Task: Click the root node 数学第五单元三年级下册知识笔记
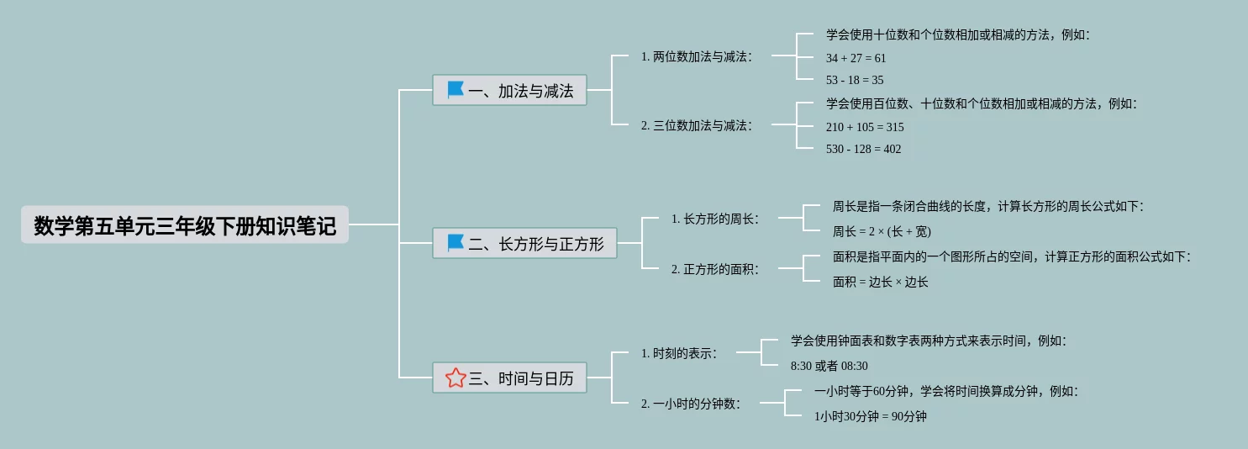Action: [x=185, y=225]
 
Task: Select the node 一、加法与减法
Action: [x=509, y=91]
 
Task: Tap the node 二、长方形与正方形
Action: [x=524, y=244]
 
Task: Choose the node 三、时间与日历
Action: [x=509, y=378]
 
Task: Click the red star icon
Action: [x=455, y=378]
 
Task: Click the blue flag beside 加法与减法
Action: [x=455, y=90]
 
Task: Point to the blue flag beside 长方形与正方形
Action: [x=455, y=243]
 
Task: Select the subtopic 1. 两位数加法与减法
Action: [x=696, y=56]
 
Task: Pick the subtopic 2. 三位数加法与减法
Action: [x=696, y=125]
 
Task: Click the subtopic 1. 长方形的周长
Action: [x=714, y=219]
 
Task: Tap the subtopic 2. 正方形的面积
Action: [x=714, y=269]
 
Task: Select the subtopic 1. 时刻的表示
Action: [x=679, y=353]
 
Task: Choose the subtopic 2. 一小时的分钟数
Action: [x=690, y=404]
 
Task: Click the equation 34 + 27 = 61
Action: [x=856, y=58]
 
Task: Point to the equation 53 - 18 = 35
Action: [x=855, y=80]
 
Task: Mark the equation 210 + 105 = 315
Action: [x=865, y=127]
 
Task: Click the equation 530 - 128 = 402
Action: [x=863, y=149]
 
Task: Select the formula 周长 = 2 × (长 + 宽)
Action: [x=882, y=231]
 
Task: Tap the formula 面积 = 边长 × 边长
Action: [x=880, y=282]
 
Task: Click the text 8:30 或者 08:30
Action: [x=829, y=366]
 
